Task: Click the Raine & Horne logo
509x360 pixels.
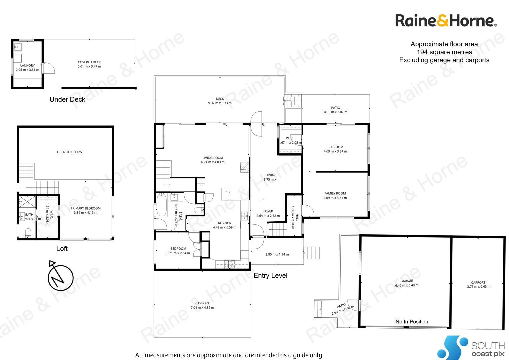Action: click(445, 21)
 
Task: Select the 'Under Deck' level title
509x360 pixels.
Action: click(67, 99)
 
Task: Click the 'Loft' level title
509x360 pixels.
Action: click(62, 249)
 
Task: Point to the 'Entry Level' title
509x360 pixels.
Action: click(270, 276)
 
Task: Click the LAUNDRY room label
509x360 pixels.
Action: click(27, 66)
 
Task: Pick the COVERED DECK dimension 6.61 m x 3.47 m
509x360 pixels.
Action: click(89, 67)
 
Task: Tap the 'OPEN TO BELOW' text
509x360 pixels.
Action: click(70, 152)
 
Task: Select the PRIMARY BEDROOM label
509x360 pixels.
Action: click(86, 208)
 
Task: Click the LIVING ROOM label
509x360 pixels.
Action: click(213, 158)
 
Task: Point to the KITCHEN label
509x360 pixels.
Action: click(225, 223)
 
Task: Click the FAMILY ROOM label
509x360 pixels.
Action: click(335, 193)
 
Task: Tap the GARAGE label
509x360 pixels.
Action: click(407, 281)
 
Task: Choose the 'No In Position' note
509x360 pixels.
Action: click(412, 322)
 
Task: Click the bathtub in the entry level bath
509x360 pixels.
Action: click(162, 205)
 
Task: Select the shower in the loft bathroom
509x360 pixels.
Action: click(27, 202)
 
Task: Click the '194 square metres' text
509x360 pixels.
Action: click(444, 52)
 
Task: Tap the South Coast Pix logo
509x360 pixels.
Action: click(471, 348)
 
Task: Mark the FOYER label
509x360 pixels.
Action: click(268, 211)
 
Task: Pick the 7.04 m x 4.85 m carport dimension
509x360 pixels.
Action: click(202, 308)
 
